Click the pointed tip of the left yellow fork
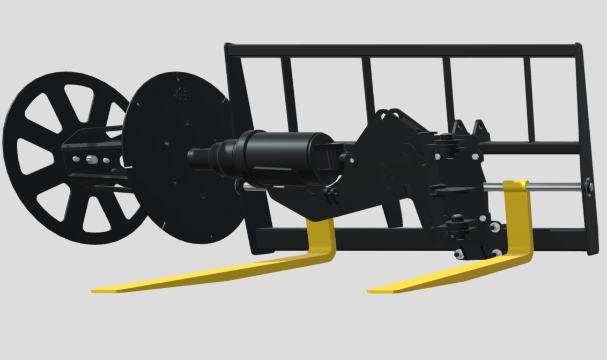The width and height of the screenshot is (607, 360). click(x=94, y=291)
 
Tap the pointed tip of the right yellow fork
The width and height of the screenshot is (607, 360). click(x=371, y=291)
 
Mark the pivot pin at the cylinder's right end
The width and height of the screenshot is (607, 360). click(x=352, y=159)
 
